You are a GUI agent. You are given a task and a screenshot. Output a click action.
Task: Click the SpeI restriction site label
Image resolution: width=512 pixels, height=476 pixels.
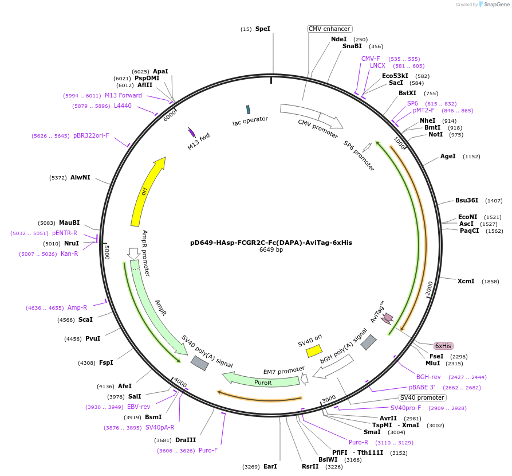coord(263,29)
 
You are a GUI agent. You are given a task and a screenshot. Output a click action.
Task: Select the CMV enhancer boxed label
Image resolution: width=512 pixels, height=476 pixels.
coord(329,29)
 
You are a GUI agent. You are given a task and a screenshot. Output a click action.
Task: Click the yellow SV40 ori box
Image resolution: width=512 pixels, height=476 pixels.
coord(314,350)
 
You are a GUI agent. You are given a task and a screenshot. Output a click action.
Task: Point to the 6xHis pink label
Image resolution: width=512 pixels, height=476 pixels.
coord(443,346)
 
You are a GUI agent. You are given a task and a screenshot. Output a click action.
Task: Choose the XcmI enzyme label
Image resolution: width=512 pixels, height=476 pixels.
coord(466,281)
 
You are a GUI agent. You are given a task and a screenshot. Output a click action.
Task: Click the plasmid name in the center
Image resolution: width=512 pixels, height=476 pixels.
coord(271,243)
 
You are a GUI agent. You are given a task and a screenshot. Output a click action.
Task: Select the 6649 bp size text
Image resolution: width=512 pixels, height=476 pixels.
coord(271,250)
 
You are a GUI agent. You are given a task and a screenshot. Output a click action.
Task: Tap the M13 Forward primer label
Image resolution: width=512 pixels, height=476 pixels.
coord(123,95)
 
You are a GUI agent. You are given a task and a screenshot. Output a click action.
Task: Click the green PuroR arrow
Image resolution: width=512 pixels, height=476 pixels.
coord(261,380)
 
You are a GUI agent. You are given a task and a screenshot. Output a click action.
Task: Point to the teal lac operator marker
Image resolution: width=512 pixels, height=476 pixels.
coord(248,109)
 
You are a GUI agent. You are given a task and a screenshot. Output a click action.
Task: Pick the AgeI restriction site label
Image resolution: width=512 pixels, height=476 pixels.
coord(448,156)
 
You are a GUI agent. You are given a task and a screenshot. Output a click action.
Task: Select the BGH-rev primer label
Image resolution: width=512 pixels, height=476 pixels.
coord(428,377)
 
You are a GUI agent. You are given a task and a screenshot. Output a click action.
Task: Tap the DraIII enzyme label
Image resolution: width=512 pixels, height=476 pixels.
coord(186,440)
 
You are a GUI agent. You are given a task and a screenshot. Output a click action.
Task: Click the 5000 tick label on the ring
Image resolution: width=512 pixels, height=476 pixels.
coord(107,251)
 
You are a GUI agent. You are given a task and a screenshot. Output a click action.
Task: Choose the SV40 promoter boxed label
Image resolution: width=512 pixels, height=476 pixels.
coord(422,397)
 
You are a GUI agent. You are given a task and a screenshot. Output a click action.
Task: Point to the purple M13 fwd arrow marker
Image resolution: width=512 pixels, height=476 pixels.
coord(192,132)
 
